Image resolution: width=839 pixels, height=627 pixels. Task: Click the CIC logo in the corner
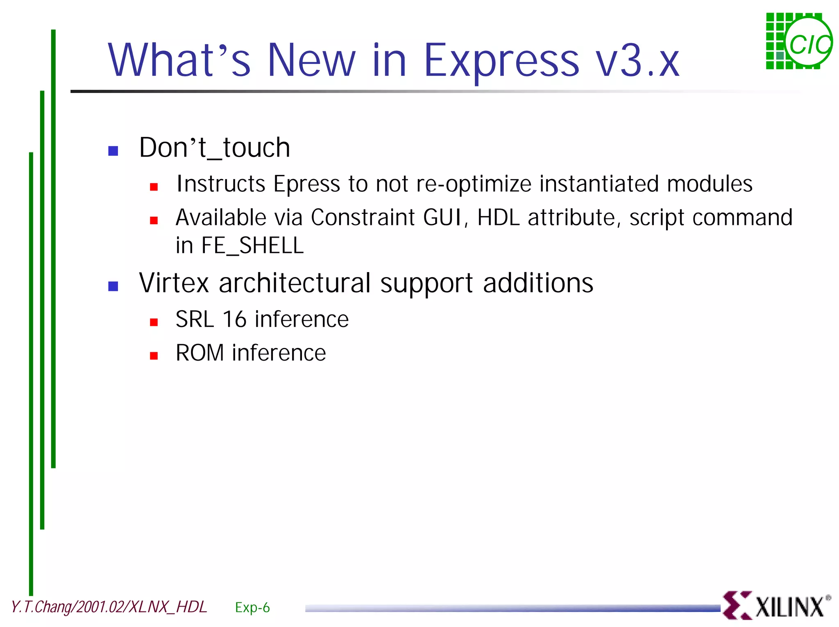pyautogui.click(x=799, y=41)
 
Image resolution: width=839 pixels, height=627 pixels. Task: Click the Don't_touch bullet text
pyautogui.click(x=214, y=148)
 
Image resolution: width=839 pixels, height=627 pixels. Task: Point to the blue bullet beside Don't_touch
pyautogui.click(x=113, y=151)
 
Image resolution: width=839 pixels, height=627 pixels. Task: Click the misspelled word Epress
pyautogui.click(x=306, y=184)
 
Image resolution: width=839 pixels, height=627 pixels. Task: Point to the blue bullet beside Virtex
pyautogui.click(x=113, y=286)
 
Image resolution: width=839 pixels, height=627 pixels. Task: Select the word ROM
pyautogui.click(x=200, y=353)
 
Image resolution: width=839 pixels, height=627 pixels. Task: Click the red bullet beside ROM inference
pyautogui.click(x=154, y=356)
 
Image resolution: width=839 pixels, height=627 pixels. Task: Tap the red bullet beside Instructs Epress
pyautogui.click(x=154, y=187)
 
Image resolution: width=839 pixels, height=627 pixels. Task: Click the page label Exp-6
pyautogui.click(x=252, y=607)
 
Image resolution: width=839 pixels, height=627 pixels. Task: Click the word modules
pyautogui.click(x=710, y=184)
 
